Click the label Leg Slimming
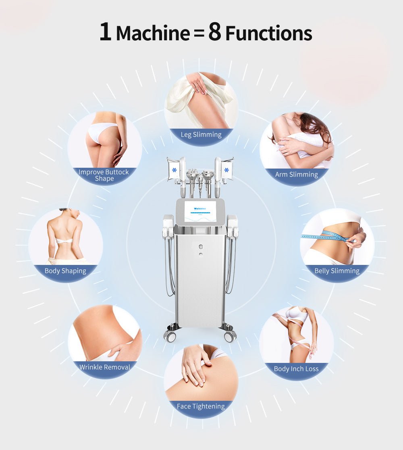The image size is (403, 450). click(x=201, y=135)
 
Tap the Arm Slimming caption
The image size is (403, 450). click(x=297, y=175)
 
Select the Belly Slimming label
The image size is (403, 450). click(x=337, y=271)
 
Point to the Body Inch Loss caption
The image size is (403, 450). click(x=296, y=369)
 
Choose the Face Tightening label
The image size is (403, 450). click(x=201, y=406)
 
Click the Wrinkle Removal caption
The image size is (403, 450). click(x=105, y=367)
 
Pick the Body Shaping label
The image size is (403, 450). click(x=65, y=271)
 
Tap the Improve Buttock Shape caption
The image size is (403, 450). click(x=104, y=175)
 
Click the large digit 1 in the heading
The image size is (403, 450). click(x=105, y=32)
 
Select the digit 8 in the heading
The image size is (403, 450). click(x=215, y=32)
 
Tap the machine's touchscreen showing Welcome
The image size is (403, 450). click(x=200, y=211)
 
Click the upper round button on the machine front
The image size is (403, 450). click(x=200, y=246)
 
